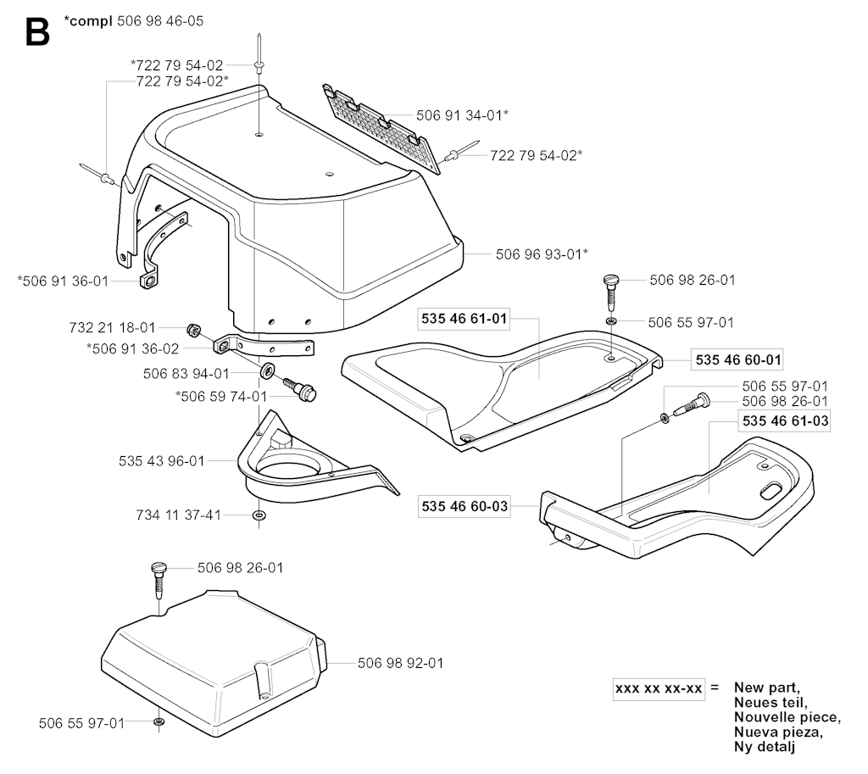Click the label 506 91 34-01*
pos(462,114)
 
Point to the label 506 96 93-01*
pos(542,253)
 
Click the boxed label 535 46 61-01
pos(465,319)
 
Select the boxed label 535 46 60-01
pos(737,359)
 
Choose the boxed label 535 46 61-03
pos(785,420)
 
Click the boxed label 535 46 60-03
pos(465,507)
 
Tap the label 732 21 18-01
pos(112,326)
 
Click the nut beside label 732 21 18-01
pos(192,329)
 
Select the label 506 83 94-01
pos(186,373)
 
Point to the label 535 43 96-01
pos(162,461)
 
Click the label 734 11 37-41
pos(179,515)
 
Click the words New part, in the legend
pos(766,687)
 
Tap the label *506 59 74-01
pos(221,396)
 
